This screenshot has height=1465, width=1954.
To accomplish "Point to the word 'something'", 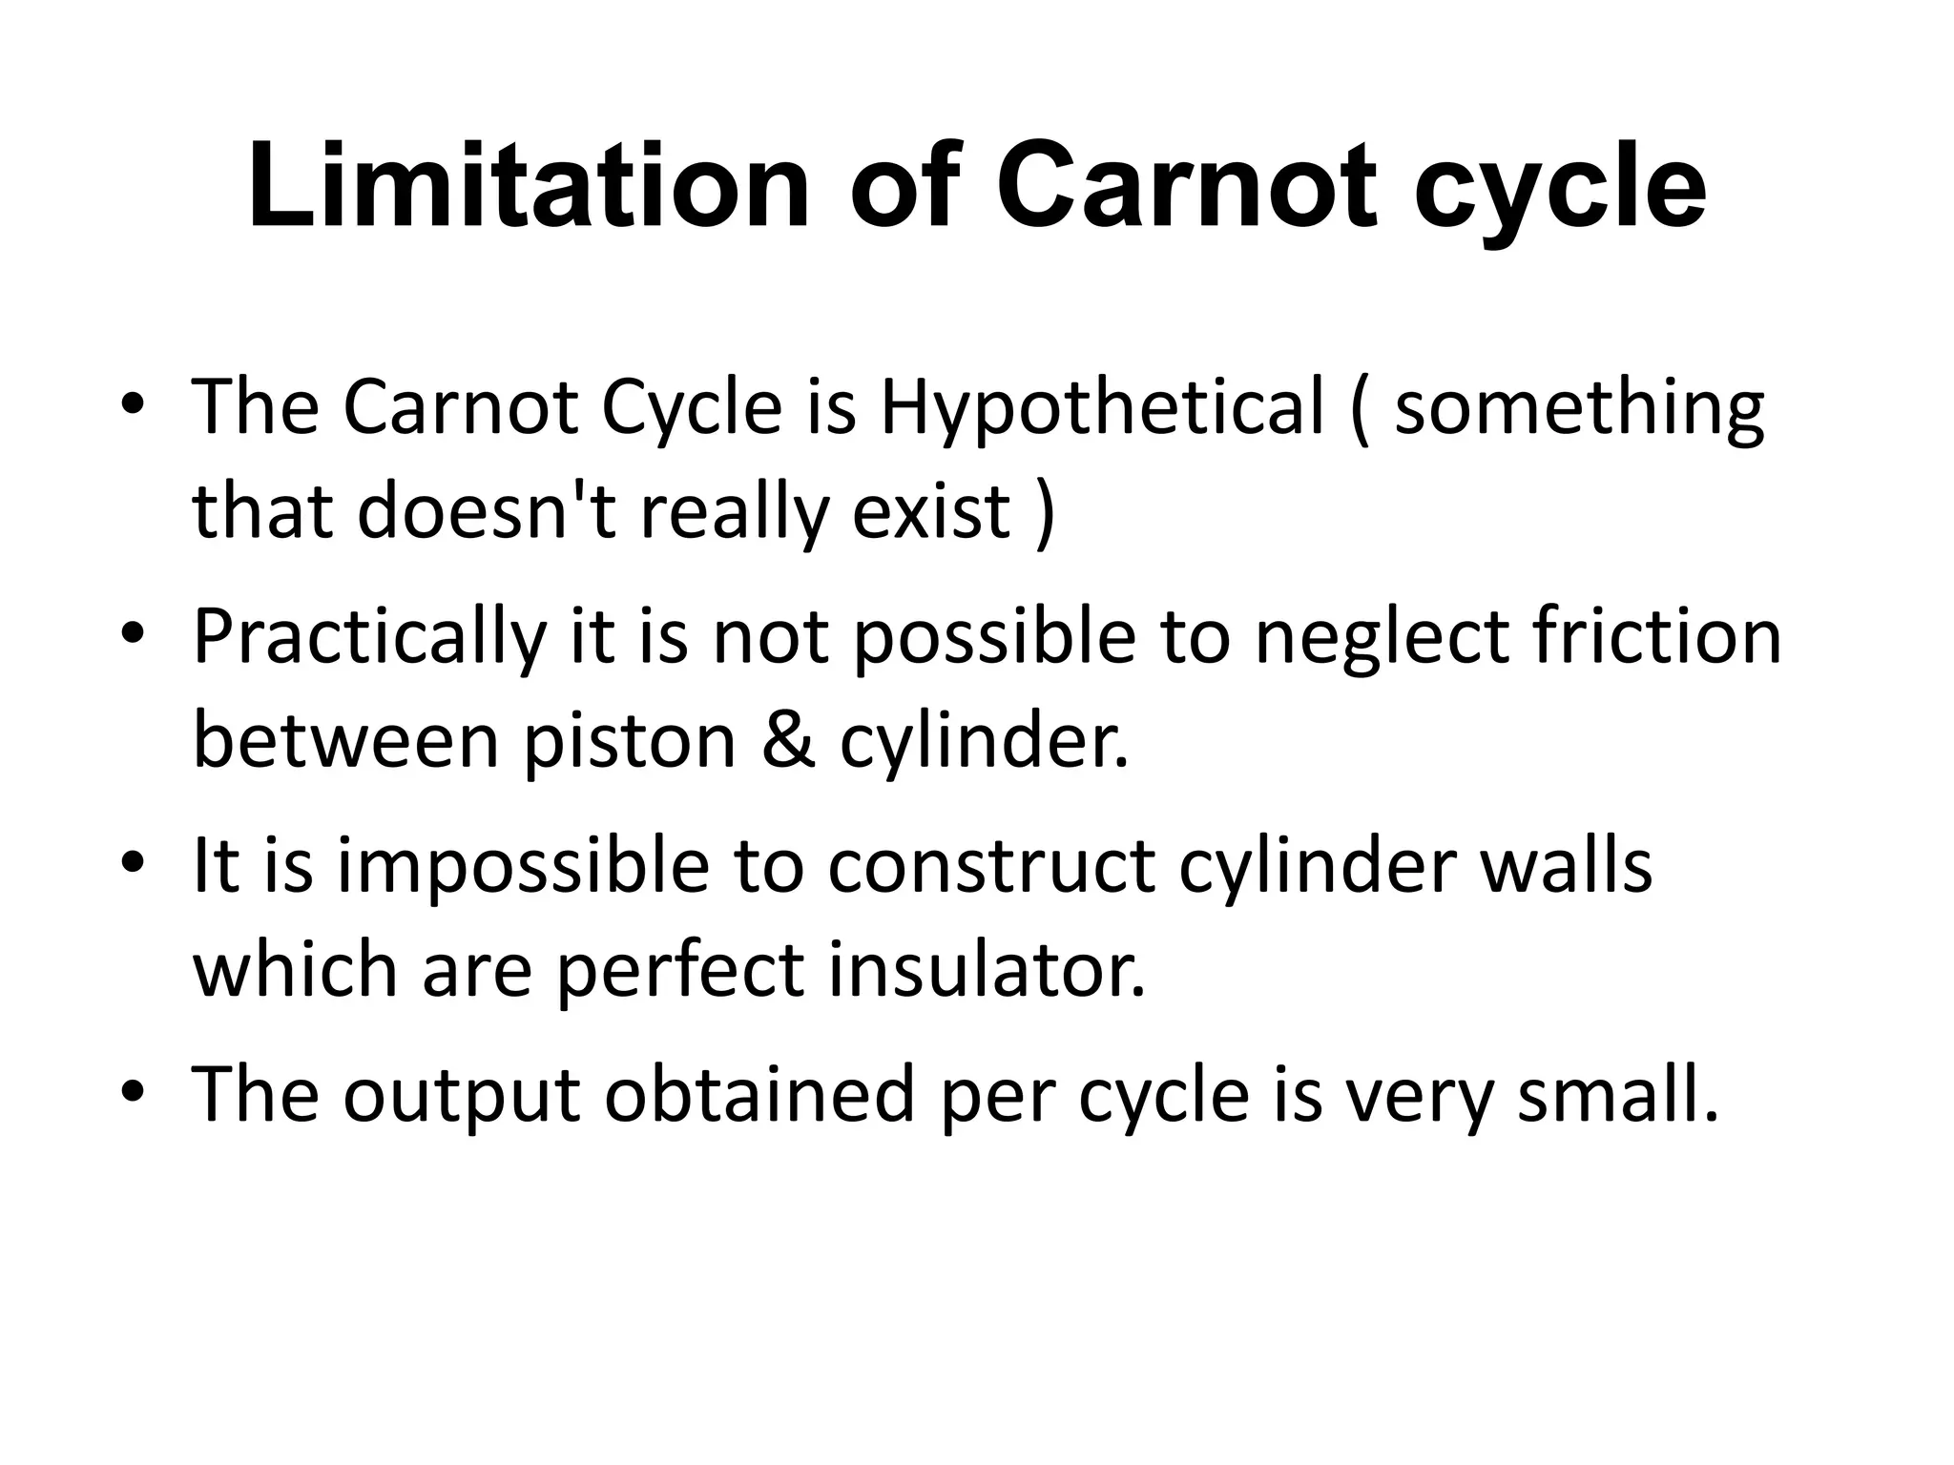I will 1579,408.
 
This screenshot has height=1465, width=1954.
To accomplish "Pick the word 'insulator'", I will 985,969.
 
